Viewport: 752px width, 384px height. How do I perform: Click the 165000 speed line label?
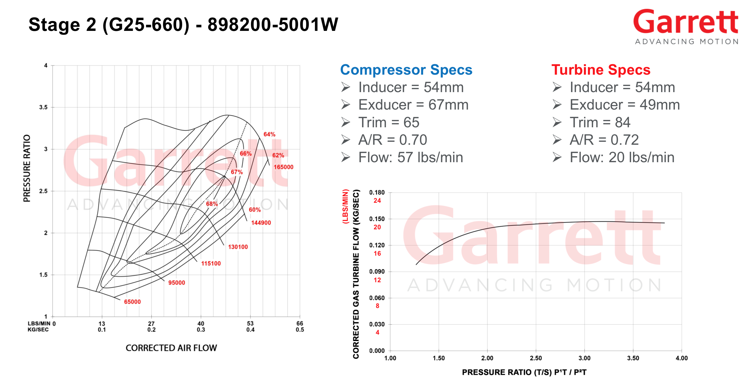(x=283, y=167)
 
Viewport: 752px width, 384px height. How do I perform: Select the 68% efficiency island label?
(x=212, y=204)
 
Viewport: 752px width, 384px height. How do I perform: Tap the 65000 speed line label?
(x=132, y=302)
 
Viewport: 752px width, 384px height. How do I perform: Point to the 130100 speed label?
(x=238, y=247)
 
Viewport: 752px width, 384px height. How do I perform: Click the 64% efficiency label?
(x=269, y=135)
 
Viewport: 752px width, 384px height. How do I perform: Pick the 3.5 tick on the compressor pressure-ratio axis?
(x=43, y=107)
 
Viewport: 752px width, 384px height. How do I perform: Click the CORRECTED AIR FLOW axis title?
(x=171, y=348)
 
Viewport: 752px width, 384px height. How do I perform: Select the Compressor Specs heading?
(x=406, y=70)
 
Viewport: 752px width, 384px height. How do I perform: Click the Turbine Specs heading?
(x=601, y=70)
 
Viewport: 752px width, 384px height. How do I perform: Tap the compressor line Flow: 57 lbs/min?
(x=410, y=157)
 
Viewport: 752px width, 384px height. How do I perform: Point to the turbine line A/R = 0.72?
(x=604, y=140)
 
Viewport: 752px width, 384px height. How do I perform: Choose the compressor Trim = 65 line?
(x=389, y=122)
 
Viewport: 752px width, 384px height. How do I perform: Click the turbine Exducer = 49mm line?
(x=625, y=105)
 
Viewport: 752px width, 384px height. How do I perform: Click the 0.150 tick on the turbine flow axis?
(x=377, y=219)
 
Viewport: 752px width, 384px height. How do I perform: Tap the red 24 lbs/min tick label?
(x=377, y=201)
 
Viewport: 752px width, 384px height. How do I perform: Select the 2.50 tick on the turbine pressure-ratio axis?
(x=536, y=358)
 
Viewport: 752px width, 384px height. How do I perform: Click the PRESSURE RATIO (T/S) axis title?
(x=524, y=372)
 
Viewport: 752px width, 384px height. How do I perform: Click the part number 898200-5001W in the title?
(x=273, y=24)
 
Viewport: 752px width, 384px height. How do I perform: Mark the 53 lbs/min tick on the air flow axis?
(x=250, y=324)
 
